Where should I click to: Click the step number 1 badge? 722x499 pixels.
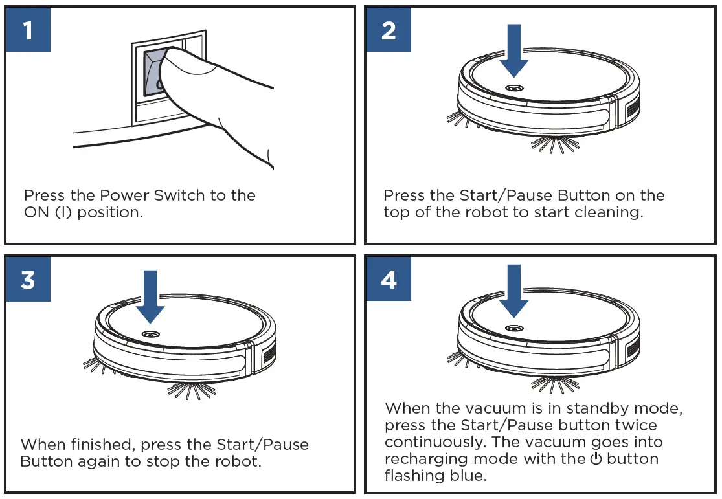28,30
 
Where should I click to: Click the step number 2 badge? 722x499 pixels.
389,30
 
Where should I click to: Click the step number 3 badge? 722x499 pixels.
28,280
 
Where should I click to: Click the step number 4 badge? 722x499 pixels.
389,280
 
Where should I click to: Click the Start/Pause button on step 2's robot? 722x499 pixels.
515,88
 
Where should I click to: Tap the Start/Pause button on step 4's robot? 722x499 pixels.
515,329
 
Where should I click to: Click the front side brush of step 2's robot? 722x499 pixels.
550,144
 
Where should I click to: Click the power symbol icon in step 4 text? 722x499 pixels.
596,459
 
